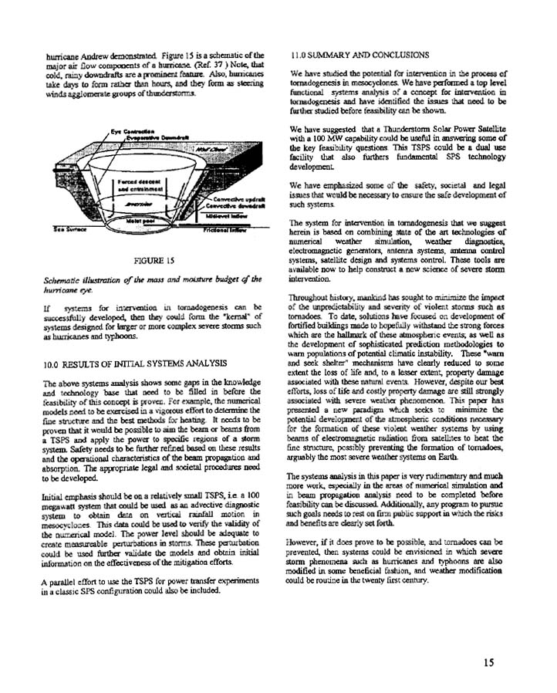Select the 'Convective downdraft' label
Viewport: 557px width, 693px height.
click(x=231, y=207)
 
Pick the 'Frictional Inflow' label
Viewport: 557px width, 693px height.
click(x=228, y=230)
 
